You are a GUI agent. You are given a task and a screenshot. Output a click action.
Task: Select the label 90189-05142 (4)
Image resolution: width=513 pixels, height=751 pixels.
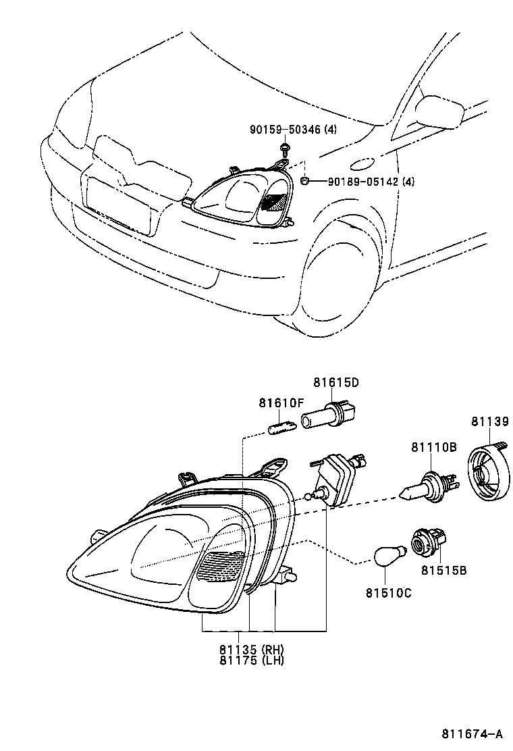pos(371,182)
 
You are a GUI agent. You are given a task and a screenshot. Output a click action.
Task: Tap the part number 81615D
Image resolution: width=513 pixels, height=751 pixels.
pos(335,382)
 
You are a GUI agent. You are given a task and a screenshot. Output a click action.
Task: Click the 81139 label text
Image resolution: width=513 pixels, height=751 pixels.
pos(489,422)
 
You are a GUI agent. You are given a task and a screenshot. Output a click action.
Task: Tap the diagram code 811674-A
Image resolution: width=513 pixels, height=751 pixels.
pos(473,733)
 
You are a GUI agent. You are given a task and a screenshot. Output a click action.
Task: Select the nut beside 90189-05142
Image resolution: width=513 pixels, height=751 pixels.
pos(305,180)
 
